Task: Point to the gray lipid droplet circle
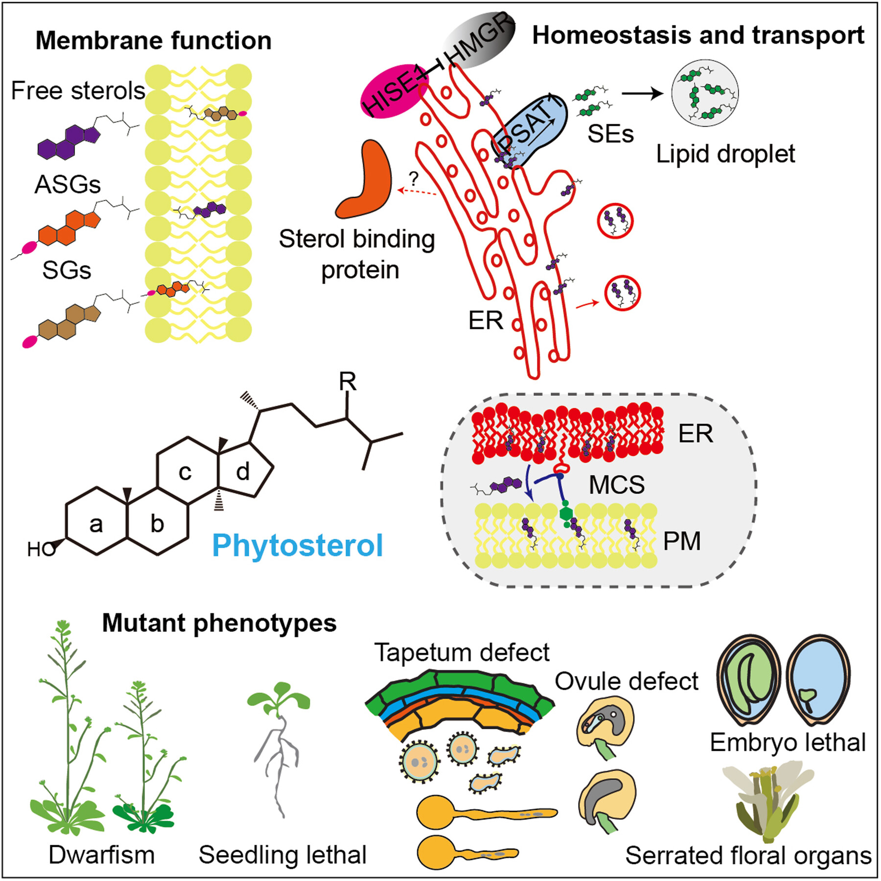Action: coord(705,93)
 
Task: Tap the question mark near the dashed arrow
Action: coord(414,179)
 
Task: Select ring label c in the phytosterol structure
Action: coord(185,473)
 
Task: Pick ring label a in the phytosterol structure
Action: coord(96,525)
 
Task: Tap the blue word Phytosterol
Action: coord(297,545)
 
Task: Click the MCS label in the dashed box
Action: coord(617,485)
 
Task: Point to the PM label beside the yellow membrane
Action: coord(682,541)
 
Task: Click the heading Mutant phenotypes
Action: coord(219,624)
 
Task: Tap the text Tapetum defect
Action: coord(462,653)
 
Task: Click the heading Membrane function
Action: coord(154,41)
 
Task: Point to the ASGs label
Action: coord(68,185)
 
